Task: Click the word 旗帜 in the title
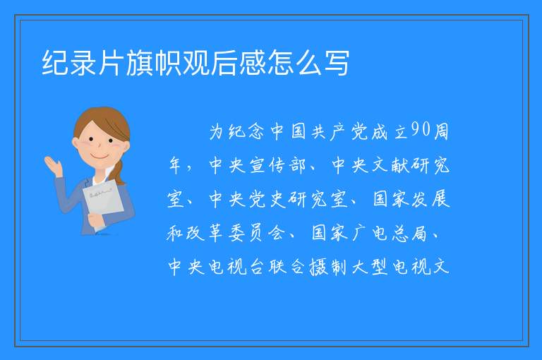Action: [x=153, y=63]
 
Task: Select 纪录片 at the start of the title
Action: [x=83, y=63]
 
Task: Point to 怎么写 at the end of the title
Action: [x=308, y=63]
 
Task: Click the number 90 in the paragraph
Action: [x=421, y=130]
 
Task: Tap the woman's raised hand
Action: [x=52, y=165]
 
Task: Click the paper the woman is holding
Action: [x=102, y=203]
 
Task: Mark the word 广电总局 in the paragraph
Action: [x=390, y=233]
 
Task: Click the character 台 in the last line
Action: [x=257, y=267]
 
